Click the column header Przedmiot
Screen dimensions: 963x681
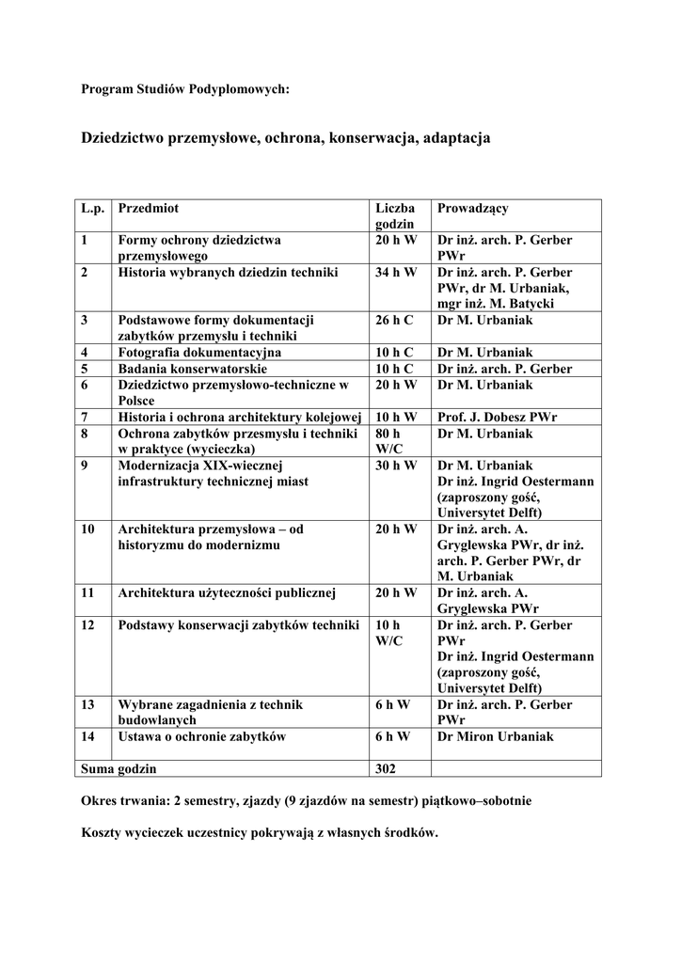click(149, 208)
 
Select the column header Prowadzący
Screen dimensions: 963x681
click(472, 208)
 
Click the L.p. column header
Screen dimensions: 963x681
click(93, 208)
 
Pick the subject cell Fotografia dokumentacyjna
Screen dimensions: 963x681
click(199, 353)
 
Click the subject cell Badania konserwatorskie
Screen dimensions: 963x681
click(193, 369)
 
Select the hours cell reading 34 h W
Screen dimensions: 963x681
click(395, 273)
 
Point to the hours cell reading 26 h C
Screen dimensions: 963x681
click(394, 320)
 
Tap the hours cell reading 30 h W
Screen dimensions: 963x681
click(395, 466)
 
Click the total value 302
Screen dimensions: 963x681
click(386, 768)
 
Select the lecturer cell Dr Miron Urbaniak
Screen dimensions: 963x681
click(496, 736)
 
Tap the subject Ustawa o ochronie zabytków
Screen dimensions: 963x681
click(201, 736)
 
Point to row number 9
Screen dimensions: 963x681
click(86, 466)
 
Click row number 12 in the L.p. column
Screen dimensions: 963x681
click(88, 625)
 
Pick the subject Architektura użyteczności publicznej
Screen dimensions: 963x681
click(227, 592)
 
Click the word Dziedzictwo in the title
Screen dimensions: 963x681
click(123, 137)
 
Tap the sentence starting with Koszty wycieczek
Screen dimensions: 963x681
click(260, 833)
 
